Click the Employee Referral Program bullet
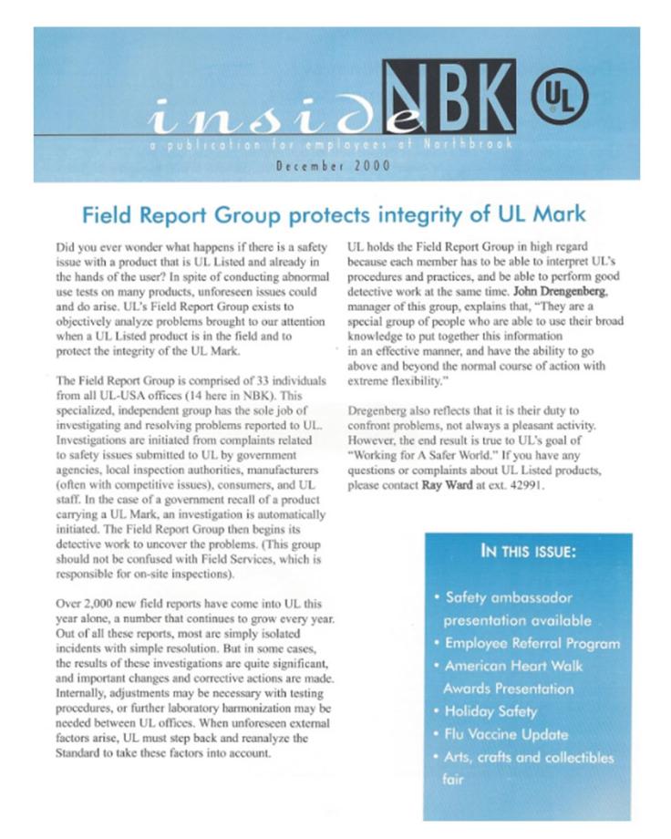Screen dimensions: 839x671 (x=532, y=643)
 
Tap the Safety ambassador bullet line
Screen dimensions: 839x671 (x=509, y=597)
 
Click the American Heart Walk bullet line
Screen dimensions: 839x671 (x=513, y=666)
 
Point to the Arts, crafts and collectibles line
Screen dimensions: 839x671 (x=529, y=757)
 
